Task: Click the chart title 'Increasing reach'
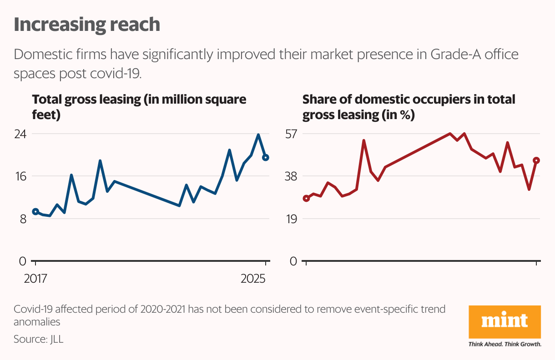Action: pos(87,25)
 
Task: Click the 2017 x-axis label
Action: pos(35,279)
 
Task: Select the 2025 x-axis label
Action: pos(253,279)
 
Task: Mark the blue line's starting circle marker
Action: pos(35,211)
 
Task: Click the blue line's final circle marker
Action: pos(266,158)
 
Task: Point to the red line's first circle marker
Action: pos(306,198)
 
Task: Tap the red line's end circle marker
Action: pos(536,160)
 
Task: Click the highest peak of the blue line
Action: pos(258,135)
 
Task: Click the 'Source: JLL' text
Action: pos(39,339)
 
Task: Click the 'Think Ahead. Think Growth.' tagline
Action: pos(505,344)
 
